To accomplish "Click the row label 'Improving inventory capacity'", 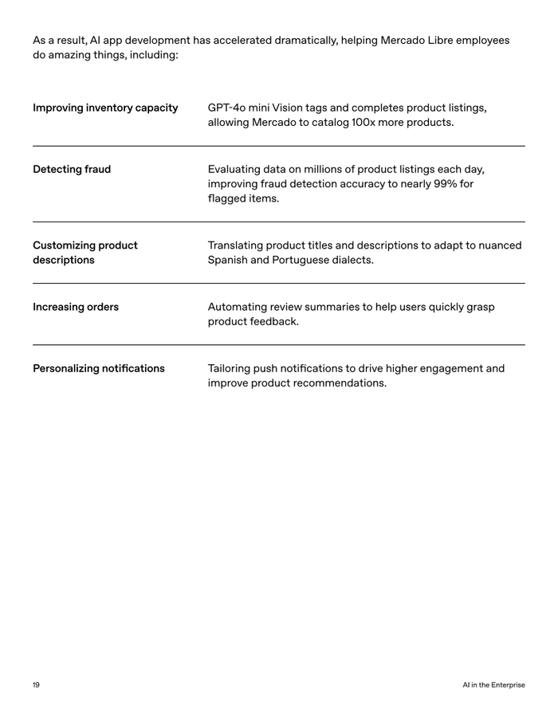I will [x=105, y=108].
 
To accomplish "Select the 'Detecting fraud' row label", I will [x=72, y=169].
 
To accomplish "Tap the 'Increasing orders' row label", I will [x=76, y=307].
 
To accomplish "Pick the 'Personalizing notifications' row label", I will [x=99, y=368].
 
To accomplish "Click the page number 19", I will [x=36, y=685].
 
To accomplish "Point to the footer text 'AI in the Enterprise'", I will [x=493, y=685].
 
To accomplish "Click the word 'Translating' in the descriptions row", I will [x=237, y=245].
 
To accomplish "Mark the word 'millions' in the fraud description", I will [x=330, y=169].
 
